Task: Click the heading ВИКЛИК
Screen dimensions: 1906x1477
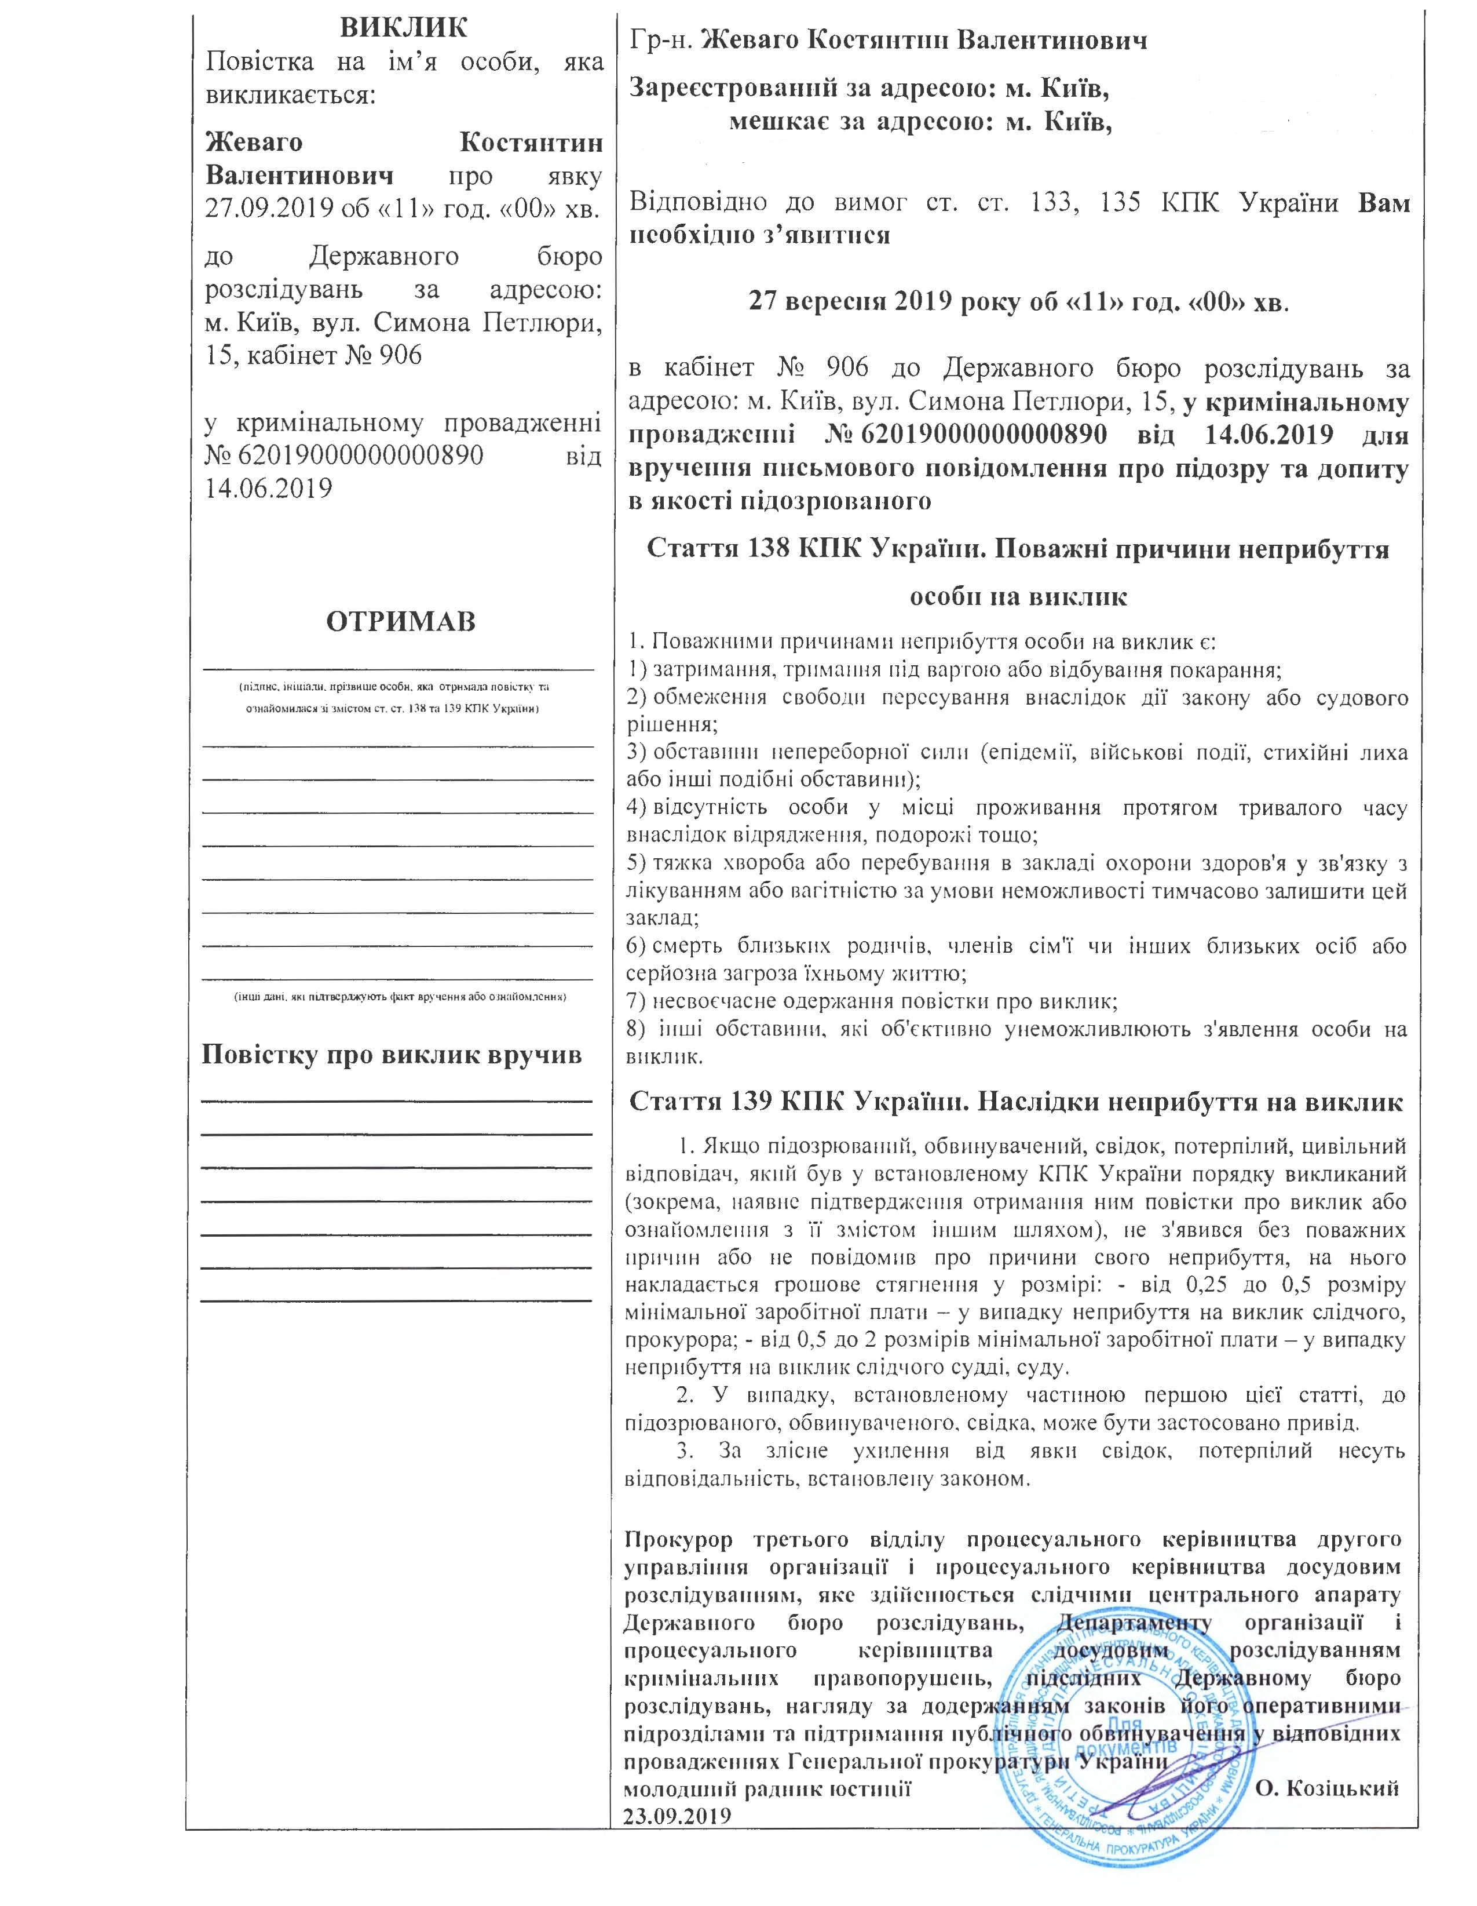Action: [x=403, y=27]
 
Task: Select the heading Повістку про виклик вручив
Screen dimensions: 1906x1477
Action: [x=392, y=1054]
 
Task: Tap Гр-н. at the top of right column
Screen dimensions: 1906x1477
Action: [x=661, y=40]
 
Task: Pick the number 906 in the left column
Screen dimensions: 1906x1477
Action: [x=397, y=354]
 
